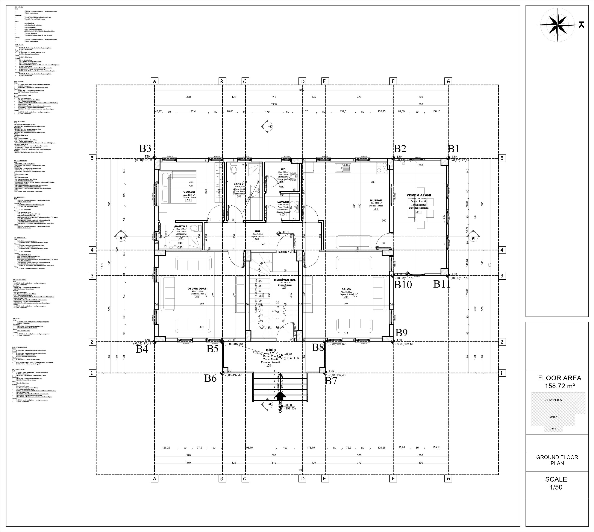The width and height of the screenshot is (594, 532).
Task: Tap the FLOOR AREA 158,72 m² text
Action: (559, 382)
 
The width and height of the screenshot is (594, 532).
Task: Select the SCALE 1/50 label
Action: (556, 483)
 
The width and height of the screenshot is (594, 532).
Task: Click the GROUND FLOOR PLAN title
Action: (557, 460)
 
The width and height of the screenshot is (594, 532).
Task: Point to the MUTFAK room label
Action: (376, 200)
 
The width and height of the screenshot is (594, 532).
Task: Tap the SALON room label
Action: (346, 289)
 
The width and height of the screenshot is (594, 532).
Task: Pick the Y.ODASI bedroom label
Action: (189, 192)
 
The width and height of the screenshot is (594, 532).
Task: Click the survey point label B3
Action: (145, 149)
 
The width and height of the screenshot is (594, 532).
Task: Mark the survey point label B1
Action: (453, 149)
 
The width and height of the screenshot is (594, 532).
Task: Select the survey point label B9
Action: (401, 332)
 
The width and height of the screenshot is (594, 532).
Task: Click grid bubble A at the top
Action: (154, 81)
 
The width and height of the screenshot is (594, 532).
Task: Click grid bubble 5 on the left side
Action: (92, 158)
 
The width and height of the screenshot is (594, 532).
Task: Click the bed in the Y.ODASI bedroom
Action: (178, 187)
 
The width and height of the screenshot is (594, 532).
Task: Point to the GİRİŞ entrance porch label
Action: (271, 350)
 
